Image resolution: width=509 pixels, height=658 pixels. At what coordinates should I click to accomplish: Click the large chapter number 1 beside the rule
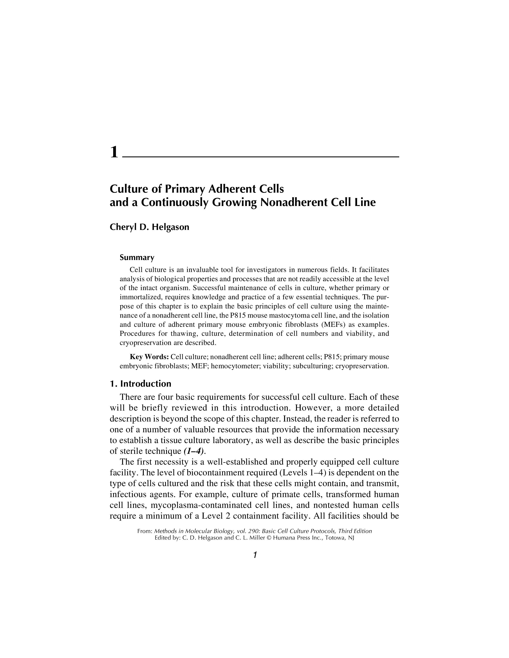114,152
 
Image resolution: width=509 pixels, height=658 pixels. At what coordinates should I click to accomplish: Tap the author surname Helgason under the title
170,227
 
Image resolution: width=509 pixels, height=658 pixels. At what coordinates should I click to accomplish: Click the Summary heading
137,258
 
